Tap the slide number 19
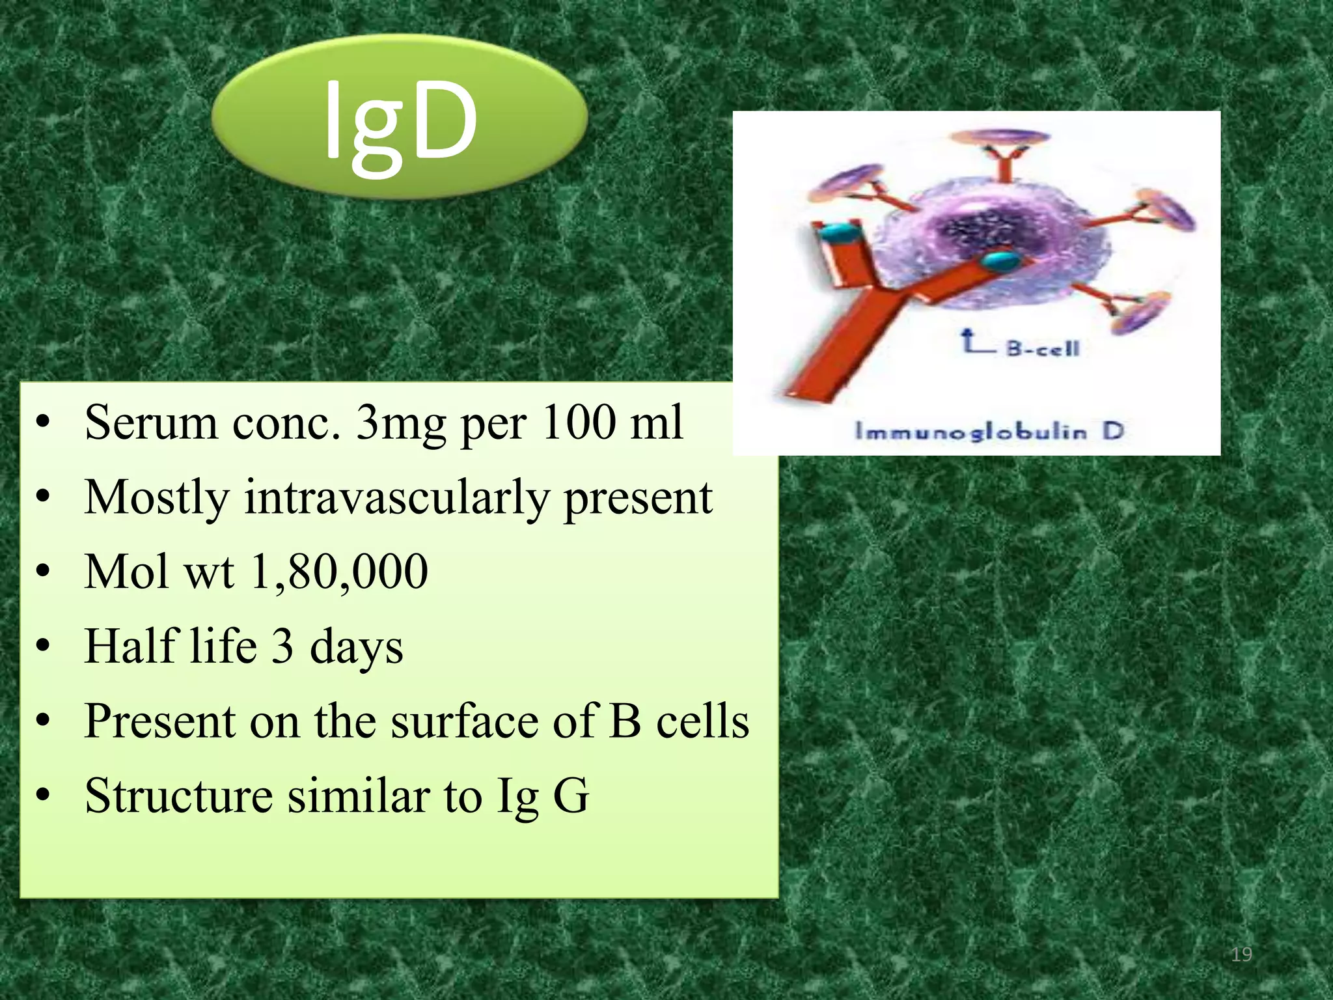click(1241, 955)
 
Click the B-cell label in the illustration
click(1043, 348)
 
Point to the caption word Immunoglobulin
click(970, 432)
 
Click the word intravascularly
click(396, 498)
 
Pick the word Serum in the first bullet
click(151, 423)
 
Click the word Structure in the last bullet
click(178, 796)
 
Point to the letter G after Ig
click(570, 796)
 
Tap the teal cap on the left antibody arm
click(838, 232)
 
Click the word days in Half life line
click(356, 647)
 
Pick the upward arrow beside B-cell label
click(970, 340)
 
